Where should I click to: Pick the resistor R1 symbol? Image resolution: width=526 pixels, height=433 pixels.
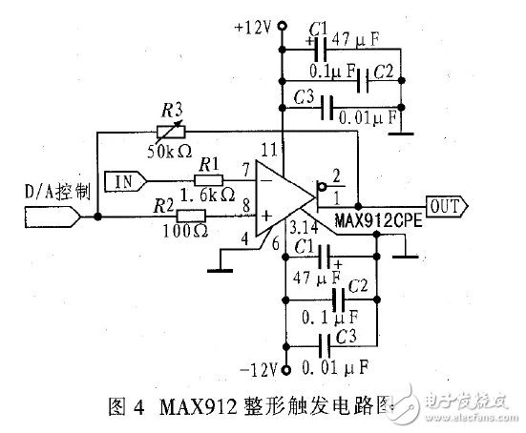click(x=209, y=180)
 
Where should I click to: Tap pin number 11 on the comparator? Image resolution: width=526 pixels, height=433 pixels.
click(x=271, y=150)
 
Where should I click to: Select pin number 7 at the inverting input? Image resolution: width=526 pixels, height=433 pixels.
click(x=246, y=171)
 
